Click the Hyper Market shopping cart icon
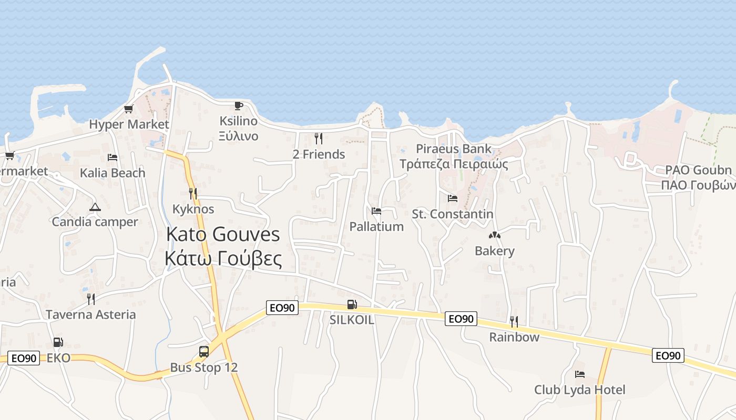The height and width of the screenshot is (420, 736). point(128,109)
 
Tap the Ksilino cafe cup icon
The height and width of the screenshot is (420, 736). point(239,106)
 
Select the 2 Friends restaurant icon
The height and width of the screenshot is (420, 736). point(319,139)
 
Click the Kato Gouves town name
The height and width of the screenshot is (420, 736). point(223,235)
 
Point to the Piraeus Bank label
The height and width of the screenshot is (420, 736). point(453,149)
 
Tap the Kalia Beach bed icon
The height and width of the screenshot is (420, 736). point(113,157)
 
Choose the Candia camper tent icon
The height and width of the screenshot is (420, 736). point(95,207)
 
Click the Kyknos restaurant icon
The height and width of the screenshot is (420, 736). point(193,194)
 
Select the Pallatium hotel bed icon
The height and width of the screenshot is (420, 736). point(376,211)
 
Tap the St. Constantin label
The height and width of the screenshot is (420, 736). point(452,214)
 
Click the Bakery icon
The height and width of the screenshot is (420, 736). point(494,235)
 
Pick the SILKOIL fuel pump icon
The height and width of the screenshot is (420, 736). point(352,304)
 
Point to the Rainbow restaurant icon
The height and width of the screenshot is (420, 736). point(514,321)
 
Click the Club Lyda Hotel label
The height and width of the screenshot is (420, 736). point(580,390)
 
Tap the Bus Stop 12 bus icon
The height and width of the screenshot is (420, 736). point(204,352)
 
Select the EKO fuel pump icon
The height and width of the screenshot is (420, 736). point(58,342)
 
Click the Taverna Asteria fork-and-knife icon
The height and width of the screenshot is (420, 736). point(91,299)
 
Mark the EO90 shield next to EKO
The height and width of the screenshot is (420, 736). point(24,359)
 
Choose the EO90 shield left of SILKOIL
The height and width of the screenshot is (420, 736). point(282,308)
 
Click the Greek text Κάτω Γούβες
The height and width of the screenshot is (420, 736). point(223,258)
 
